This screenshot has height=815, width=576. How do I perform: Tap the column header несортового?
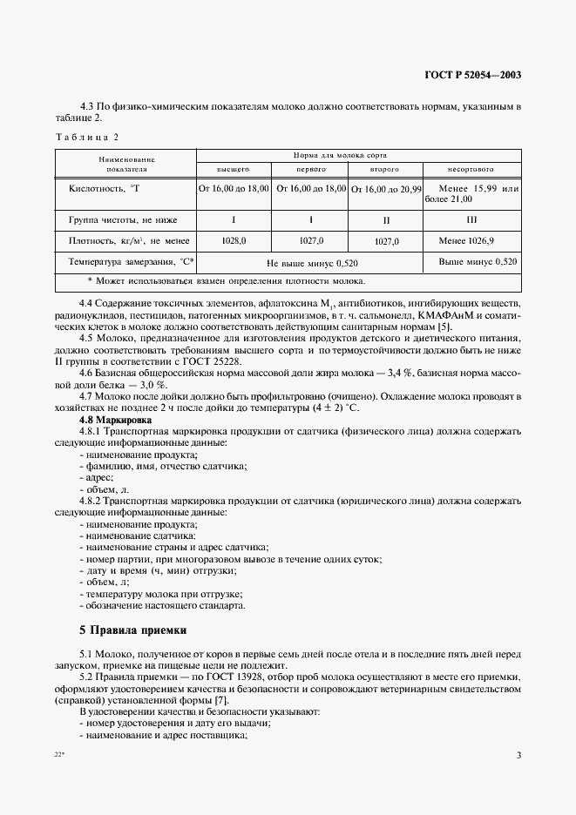[x=471, y=169]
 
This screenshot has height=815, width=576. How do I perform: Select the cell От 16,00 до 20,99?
[x=386, y=189]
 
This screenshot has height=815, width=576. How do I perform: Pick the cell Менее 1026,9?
[x=471, y=240]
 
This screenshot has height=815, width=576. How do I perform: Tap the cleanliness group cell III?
[x=471, y=218]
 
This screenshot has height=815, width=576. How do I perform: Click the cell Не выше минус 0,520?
[x=311, y=262]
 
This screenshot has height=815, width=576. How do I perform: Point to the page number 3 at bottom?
[x=518, y=755]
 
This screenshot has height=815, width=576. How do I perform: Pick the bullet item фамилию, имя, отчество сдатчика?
[x=166, y=467]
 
